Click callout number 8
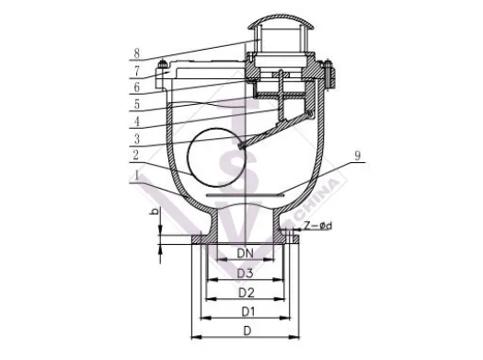137,53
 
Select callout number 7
137,71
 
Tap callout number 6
137,87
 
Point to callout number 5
137,104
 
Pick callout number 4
137,122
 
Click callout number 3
137,139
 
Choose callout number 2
136,155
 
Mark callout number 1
137,176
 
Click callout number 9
357,156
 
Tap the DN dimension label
246,253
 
